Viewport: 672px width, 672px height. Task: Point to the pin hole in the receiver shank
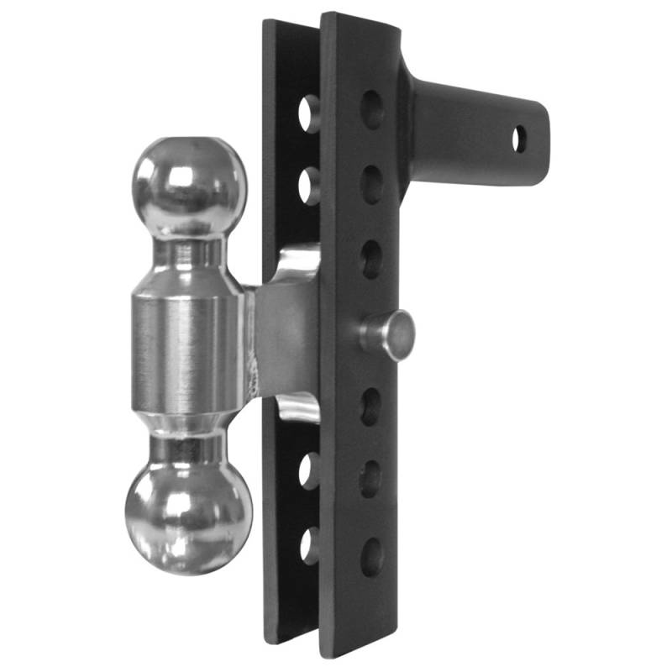(x=520, y=139)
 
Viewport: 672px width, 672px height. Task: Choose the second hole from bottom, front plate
(x=370, y=479)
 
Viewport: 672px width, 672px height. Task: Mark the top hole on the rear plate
(x=309, y=113)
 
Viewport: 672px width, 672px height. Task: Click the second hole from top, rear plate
(x=309, y=185)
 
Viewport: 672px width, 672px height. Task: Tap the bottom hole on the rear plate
(x=308, y=546)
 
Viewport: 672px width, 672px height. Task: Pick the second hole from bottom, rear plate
(x=308, y=471)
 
